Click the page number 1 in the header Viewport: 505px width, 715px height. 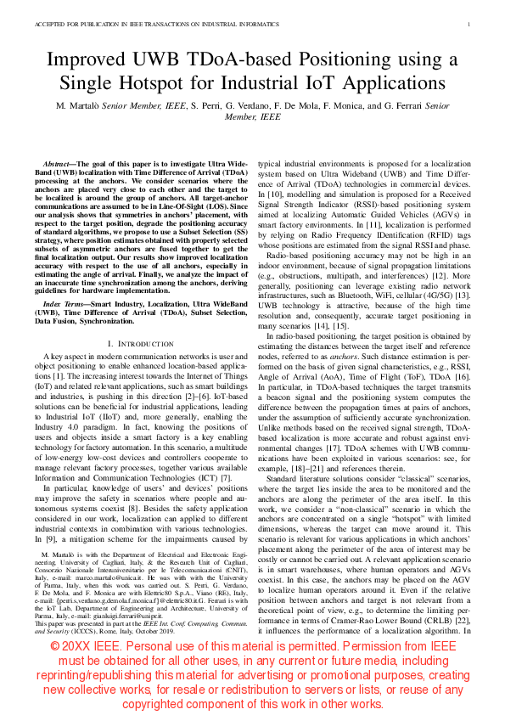tap(469, 25)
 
